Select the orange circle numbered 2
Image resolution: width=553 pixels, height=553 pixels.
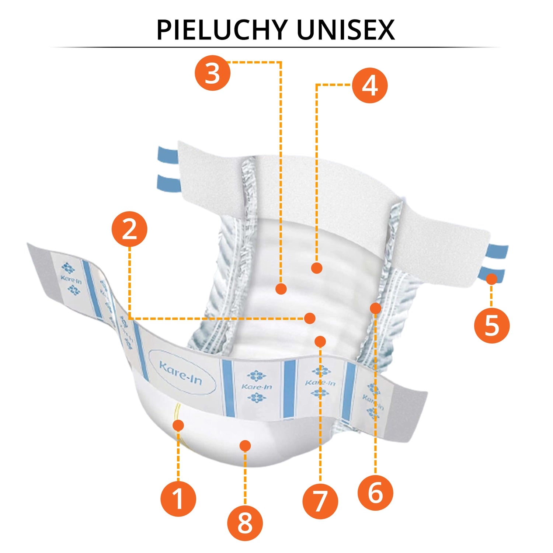tap(129, 229)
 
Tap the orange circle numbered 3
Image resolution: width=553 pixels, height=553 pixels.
tap(213, 73)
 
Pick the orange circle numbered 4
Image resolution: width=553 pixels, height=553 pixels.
tap(370, 85)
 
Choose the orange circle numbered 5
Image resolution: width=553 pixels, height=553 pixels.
tap(491, 326)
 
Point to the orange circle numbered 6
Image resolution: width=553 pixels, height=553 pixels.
tap(375, 493)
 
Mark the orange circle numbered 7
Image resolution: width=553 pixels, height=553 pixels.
tap(320, 501)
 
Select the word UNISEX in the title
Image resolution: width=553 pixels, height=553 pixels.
tap(345, 30)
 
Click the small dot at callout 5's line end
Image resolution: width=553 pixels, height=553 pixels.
tap(491, 279)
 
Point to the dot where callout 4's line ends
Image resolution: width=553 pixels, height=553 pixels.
tap(317, 268)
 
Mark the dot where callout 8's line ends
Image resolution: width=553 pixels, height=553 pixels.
tap(245, 446)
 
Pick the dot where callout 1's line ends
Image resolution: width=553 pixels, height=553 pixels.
tap(178, 425)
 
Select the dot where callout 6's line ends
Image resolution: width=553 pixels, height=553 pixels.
tap(375, 308)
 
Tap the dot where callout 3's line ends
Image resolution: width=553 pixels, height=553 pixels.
tap(281, 289)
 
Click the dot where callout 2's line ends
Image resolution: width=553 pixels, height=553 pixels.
tap(310, 318)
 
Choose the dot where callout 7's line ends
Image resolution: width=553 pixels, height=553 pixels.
tap(320, 341)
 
